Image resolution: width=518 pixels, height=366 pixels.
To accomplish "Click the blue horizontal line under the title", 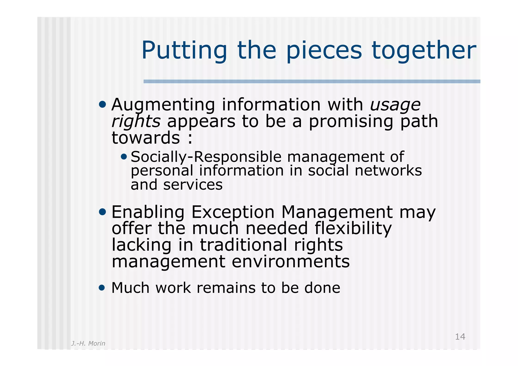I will click(312, 81).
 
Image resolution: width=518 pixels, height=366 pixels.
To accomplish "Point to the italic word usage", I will click(395, 105).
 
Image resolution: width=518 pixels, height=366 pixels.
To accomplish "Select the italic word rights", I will click(136, 121).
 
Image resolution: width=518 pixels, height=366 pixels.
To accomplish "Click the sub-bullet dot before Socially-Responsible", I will click(124, 157).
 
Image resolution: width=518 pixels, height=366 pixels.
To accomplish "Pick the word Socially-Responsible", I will click(206, 157).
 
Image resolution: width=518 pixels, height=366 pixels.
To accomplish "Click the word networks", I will click(388, 171).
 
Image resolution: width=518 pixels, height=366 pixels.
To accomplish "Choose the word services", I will click(193, 185).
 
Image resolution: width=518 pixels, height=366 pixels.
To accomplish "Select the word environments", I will click(291, 262).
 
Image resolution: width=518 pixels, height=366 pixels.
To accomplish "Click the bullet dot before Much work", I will click(102, 288).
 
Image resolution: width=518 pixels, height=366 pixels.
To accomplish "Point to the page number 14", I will click(460, 337).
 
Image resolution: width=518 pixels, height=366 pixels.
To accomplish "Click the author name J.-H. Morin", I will click(88, 343).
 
